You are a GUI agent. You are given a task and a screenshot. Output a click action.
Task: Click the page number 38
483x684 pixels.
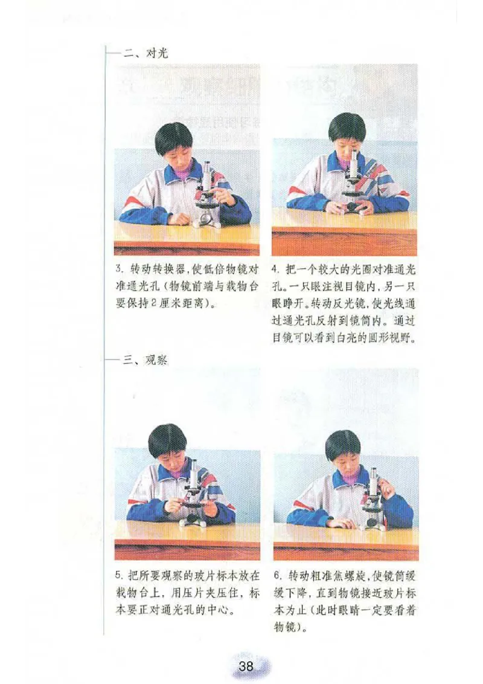point(246,666)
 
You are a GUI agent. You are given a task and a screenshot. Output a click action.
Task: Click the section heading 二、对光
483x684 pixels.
point(146,53)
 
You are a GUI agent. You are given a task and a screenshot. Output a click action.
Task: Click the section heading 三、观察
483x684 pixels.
point(146,361)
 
